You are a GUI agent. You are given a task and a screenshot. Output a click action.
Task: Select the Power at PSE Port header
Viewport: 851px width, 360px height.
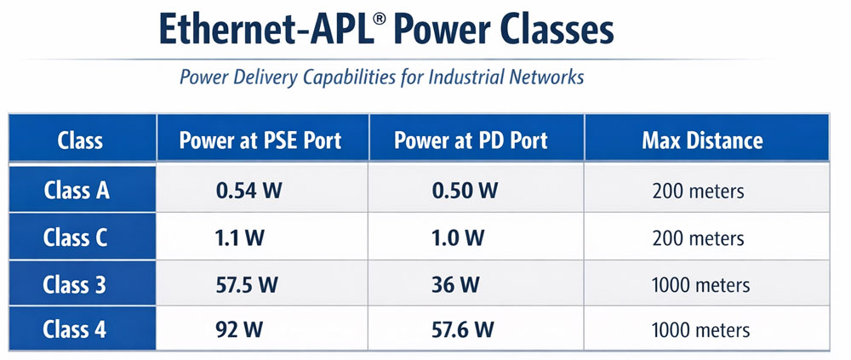pos(260,140)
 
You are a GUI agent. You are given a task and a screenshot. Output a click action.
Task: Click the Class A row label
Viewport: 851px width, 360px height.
pos(77,190)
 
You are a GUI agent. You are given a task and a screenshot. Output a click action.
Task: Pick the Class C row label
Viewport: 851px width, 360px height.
pos(77,237)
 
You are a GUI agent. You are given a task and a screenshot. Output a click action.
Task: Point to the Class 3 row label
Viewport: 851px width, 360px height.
pos(77,284)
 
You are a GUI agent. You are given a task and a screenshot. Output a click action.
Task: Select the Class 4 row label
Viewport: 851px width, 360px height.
pos(77,329)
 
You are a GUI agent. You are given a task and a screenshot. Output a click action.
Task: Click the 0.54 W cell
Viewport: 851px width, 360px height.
pos(248,191)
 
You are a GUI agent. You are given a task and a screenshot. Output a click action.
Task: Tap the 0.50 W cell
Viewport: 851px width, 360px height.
pos(464,191)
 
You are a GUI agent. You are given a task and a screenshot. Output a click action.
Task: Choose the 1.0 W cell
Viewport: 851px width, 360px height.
pos(459,238)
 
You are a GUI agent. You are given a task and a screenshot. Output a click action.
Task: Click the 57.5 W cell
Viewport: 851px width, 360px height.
pos(248,284)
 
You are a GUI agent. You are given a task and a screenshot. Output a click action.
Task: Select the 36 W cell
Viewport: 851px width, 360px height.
pos(456,284)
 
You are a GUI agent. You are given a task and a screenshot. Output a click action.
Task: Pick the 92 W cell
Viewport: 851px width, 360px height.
pos(240,329)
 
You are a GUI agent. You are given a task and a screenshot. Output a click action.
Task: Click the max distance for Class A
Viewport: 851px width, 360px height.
pos(698,191)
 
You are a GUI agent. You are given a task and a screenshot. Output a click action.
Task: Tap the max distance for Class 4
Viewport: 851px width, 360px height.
pos(700,330)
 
